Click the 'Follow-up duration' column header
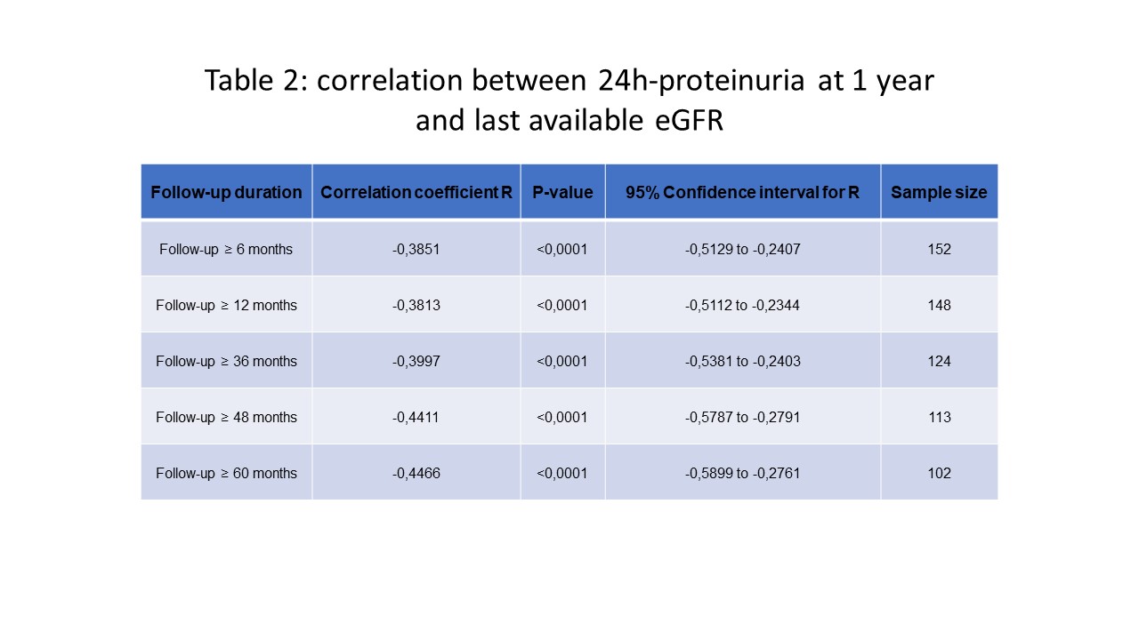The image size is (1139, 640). coord(226,193)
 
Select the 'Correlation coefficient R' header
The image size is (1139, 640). coord(416,193)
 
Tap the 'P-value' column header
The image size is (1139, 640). coord(562,193)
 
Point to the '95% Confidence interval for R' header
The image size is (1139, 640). coord(742,193)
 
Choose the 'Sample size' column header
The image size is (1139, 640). coord(939,193)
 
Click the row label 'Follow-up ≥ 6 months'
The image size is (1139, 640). coord(226,250)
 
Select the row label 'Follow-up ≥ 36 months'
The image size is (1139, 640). coord(226,361)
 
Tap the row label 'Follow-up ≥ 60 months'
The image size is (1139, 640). coord(226,474)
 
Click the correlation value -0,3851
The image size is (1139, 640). coord(416,250)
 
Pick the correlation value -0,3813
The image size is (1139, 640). coord(416,305)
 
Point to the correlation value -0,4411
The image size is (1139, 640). coord(416,418)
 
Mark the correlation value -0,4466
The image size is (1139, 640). coord(416,474)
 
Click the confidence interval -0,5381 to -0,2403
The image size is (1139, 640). coord(742,361)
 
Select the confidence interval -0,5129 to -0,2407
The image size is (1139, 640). coord(742,250)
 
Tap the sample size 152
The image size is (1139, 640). coord(939,250)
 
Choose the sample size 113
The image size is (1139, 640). coord(939,418)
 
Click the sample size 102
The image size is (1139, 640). coord(939,474)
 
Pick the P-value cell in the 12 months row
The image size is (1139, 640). coord(561,305)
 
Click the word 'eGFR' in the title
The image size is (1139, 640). coord(689,121)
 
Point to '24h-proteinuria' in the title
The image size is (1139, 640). coord(701,81)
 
